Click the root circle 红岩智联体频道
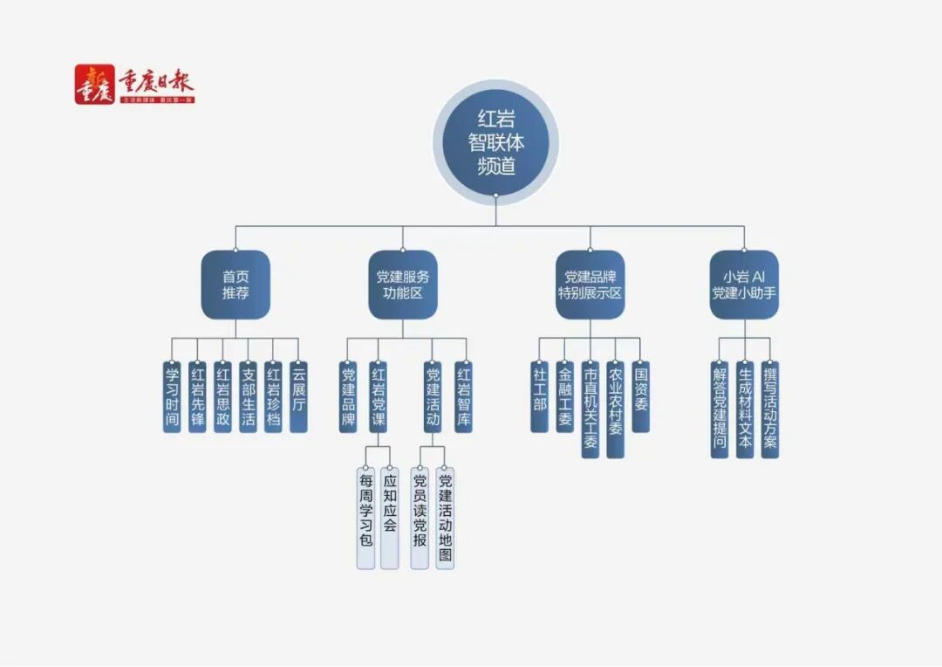pos(495,142)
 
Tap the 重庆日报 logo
pos(134,86)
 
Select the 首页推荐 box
pos(235,285)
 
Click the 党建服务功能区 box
pos(402,285)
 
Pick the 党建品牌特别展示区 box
pos(590,285)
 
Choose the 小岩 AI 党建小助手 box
pos(744,285)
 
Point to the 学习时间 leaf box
pos(173,396)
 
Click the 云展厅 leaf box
pos(298,396)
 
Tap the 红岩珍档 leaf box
pos(273,396)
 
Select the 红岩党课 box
pos(378,396)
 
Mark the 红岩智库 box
pos(463,396)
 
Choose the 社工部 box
pos(539,396)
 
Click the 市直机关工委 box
pos(590,409)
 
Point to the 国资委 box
pos(641,396)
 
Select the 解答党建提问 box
pos(720,409)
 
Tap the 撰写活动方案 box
pos(769,409)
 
